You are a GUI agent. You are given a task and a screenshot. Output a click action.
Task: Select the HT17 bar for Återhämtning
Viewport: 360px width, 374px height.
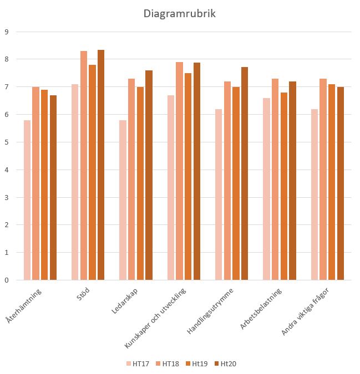click(x=27, y=200)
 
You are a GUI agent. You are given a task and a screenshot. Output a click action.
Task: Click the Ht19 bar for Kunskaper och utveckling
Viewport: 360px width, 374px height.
click(x=188, y=177)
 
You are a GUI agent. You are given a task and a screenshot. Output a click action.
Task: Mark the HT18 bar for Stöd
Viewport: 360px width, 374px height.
click(x=84, y=166)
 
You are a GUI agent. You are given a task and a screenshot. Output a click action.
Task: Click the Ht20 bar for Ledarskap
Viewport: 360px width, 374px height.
click(x=149, y=175)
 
